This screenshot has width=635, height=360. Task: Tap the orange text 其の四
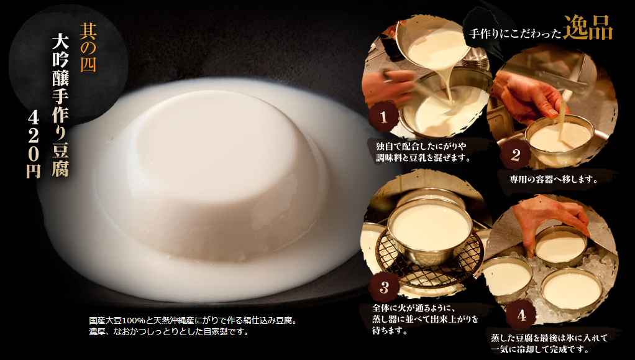88,47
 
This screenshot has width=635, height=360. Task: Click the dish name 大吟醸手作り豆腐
60,105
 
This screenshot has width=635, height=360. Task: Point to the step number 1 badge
383,117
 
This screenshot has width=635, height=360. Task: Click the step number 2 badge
514,155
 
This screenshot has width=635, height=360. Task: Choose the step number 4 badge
521,315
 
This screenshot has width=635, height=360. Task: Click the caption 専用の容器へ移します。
554,179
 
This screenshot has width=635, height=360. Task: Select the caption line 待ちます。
390,331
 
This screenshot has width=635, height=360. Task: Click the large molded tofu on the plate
214,174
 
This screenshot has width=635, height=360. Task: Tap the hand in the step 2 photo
526,96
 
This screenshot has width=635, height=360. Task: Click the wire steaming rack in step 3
429,259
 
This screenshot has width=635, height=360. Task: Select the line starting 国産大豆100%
193,321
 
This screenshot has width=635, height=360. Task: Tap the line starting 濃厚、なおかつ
168,332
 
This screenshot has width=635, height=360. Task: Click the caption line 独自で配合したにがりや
421,146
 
